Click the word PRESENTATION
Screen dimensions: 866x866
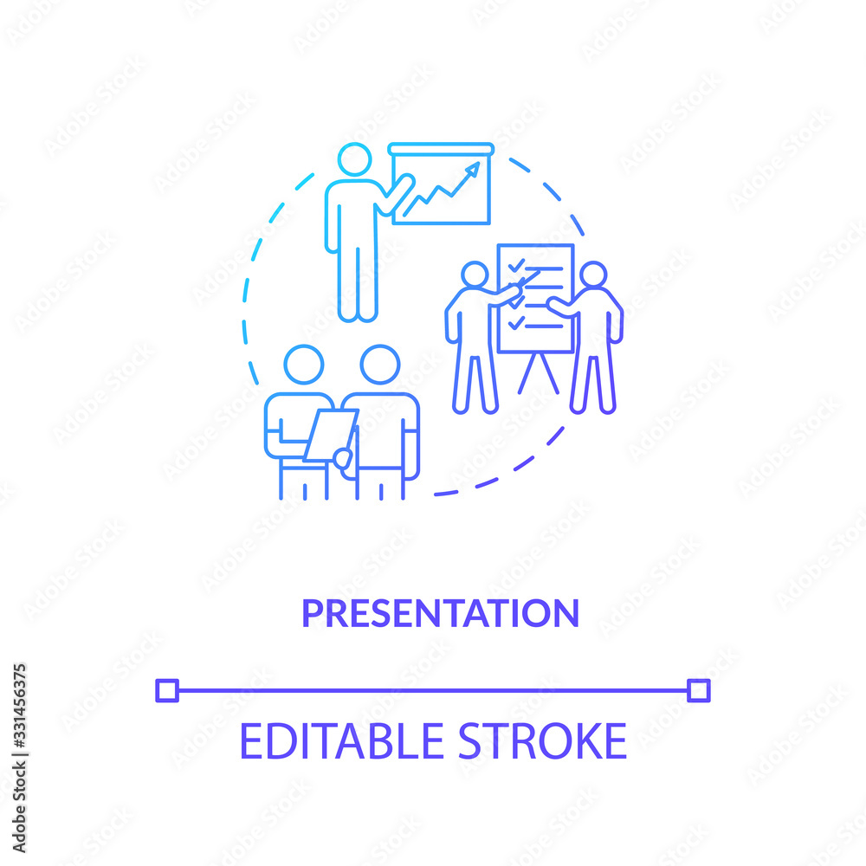pos(440,613)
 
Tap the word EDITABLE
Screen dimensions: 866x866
pos(341,741)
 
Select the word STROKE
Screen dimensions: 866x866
pos(543,741)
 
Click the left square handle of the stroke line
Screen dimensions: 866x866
pos(167,690)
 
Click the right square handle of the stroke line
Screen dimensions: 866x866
pos(699,690)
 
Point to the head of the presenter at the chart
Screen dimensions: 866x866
pos(354,159)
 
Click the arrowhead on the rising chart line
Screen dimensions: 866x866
pos(474,169)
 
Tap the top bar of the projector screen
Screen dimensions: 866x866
pos(441,149)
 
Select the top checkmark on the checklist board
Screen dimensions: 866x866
pos(516,266)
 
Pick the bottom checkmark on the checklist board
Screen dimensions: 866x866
pos(516,323)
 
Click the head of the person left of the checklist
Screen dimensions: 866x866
pos(475,275)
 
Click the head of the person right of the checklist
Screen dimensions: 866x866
pos(593,275)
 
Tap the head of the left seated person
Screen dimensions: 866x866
pos(304,365)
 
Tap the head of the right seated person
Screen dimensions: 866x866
pos(380,365)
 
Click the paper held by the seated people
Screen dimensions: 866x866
pos(331,436)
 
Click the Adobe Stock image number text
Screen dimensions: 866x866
pos(19,759)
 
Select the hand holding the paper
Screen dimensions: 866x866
pos(342,458)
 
